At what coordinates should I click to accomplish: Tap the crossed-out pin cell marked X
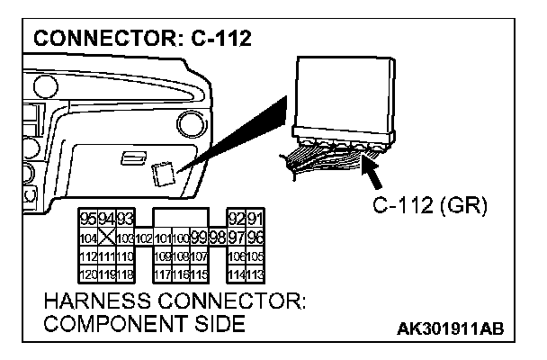(105, 238)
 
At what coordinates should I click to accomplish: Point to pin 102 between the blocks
(142, 239)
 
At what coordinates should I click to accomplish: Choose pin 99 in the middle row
(198, 238)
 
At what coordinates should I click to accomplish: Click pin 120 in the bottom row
(87, 273)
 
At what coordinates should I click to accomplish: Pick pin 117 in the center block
(162, 273)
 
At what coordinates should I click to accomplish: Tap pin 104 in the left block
(87, 238)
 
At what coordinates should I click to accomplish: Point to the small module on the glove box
(163, 172)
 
